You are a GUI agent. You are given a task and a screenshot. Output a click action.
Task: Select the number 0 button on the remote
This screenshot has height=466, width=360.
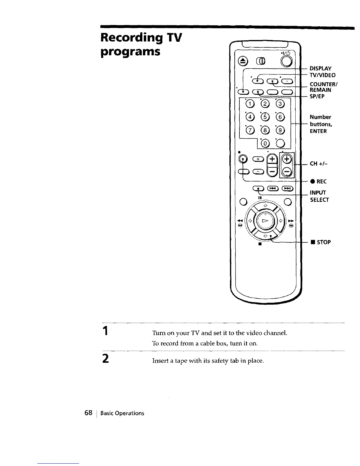[265, 144]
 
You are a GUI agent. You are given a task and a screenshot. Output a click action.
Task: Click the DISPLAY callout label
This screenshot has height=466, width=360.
[321, 68]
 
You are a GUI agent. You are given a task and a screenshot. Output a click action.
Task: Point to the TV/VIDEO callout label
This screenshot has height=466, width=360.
[322, 75]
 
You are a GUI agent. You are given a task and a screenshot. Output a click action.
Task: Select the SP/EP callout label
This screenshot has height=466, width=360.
[317, 96]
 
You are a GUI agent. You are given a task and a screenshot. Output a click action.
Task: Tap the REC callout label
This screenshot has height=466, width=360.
[319, 182]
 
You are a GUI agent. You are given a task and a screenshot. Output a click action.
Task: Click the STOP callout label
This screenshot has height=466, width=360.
[320, 242]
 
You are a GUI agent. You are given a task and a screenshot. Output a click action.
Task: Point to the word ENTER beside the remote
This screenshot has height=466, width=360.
[318, 131]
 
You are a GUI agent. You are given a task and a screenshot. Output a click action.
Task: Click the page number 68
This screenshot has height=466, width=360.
[89, 413]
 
